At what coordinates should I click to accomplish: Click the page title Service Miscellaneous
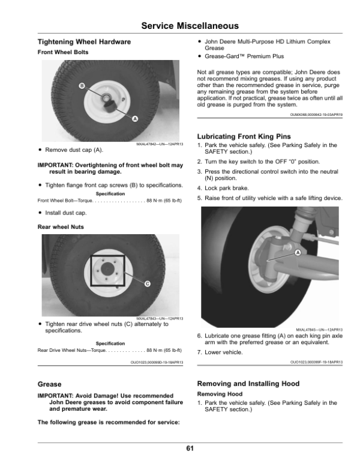pos(190,26)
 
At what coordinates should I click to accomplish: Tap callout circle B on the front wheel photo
pos(82,86)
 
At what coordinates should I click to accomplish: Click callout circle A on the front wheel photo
pos(135,119)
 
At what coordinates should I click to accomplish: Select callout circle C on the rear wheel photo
pos(148,284)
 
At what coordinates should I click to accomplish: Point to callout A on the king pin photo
pos(298,253)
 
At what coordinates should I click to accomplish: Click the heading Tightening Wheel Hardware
pos(84,42)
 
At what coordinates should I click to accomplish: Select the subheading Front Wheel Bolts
pos(63,52)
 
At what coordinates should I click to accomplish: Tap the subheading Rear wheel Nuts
pos(61,227)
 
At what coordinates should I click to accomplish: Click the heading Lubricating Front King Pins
pos(244,136)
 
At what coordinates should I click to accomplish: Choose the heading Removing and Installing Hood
pos(248,384)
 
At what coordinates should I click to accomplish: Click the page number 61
pos(190,448)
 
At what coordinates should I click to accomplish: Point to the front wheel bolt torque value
pos(164,201)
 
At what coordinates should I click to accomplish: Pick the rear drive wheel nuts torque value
pos(164,350)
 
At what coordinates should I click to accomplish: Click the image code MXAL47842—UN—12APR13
pos(160,144)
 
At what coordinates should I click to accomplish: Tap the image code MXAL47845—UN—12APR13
pos(319,330)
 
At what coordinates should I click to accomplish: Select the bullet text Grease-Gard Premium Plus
pos(244,56)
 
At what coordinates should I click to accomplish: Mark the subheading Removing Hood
pos(220,394)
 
